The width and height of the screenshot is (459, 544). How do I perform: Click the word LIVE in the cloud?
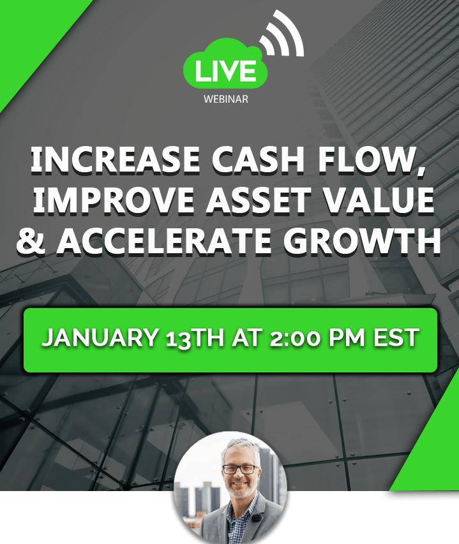pyautogui.click(x=225, y=71)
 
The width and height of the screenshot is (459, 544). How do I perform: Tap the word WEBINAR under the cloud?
pyautogui.click(x=226, y=99)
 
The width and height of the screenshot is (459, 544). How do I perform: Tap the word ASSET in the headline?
pyautogui.click(x=258, y=200)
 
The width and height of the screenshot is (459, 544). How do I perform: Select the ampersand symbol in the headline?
pyautogui.click(x=31, y=241)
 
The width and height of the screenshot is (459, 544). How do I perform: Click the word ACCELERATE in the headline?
pyautogui.click(x=164, y=241)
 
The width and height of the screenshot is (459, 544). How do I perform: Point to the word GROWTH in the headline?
pyautogui.click(x=362, y=241)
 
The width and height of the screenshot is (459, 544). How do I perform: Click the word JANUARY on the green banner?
pyautogui.click(x=100, y=337)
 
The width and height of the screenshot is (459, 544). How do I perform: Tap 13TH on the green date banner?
pyautogui.click(x=195, y=338)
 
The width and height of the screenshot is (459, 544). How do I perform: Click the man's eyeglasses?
pyautogui.click(x=240, y=469)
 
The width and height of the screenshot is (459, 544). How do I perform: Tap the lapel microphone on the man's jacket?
pyautogui.click(x=256, y=518)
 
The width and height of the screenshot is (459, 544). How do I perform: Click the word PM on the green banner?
pyautogui.click(x=347, y=337)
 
